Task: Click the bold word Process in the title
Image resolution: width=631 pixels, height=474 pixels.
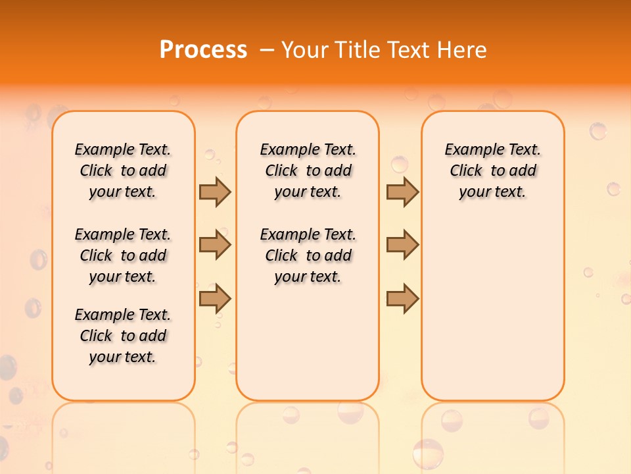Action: coord(203,50)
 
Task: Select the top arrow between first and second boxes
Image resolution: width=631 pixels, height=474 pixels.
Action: coord(215,192)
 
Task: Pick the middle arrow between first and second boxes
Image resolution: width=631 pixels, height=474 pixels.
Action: coord(215,246)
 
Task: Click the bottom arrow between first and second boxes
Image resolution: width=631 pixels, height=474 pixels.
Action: coord(215,298)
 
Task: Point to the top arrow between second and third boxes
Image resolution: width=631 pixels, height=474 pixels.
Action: coord(402,192)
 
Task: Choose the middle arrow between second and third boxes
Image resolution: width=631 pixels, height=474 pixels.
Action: coord(402,246)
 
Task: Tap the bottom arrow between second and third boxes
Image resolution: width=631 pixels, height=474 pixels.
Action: coord(402,298)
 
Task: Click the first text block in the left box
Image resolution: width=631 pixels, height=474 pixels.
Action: coord(123,171)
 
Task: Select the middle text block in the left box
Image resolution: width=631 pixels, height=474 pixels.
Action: coord(123,255)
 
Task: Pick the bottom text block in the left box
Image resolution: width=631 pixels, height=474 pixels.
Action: coord(123,336)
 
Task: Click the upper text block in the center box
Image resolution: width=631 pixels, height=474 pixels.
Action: coord(308,171)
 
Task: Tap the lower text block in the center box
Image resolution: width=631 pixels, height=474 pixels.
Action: coord(308,255)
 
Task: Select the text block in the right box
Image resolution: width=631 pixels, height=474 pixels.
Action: coord(493,171)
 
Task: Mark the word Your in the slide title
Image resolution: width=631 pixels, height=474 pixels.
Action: coord(306,50)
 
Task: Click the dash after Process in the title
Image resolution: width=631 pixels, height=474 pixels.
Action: coord(266,51)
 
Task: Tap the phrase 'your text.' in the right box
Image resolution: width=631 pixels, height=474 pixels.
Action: coord(493,192)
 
